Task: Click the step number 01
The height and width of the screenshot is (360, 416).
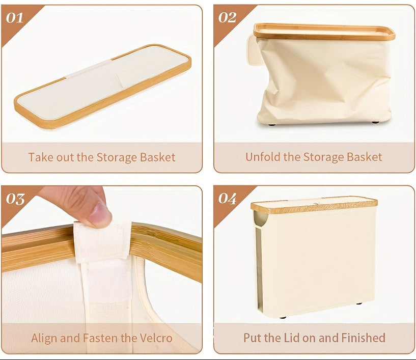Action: point(15,18)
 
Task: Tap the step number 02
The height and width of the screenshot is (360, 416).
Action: point(227,18)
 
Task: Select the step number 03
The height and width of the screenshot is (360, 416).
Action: point(15,199)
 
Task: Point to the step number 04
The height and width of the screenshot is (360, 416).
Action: point(227,198)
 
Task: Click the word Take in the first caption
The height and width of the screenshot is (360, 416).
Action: point(39,157)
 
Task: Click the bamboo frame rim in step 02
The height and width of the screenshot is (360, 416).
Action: point(324,32)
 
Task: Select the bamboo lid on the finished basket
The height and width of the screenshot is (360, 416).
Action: point(314,205)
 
